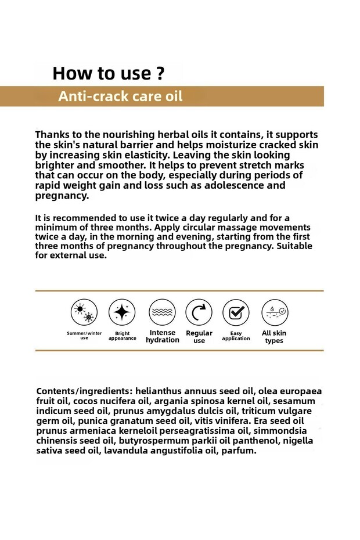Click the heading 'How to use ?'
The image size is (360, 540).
click(108, 74)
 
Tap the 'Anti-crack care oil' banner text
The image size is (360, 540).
click(120, 96)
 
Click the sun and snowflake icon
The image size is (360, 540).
click(84, 312)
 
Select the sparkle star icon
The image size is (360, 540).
click(122, 312)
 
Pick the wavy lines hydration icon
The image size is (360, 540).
click(162, 312)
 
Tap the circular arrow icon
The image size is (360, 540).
click(199, 312)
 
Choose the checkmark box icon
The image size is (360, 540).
click(236, 312)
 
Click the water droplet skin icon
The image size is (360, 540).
click(274, 312)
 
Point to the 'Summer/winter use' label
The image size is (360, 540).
click(84, 336)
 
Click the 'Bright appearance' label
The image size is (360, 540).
click(122, 336)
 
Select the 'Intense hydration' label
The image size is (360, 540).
click(162, 336)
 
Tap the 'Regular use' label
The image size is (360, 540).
click(199, 337)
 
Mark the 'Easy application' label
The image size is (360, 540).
click(236, 336)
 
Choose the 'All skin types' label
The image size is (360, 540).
click(274, 337)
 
